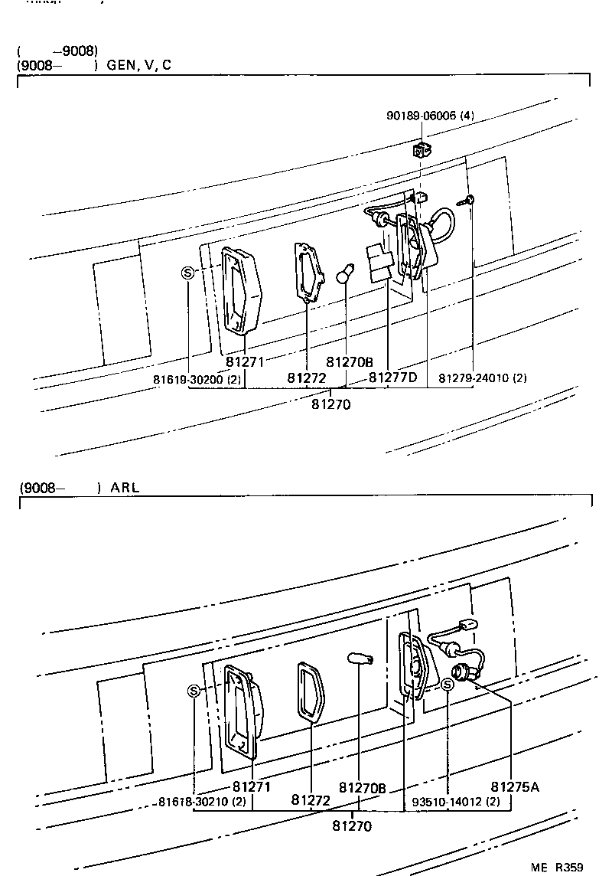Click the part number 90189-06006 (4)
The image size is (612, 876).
pos(430,116)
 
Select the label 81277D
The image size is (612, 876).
pos(393,378)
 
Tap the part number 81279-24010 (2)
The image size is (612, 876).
pos(482,378)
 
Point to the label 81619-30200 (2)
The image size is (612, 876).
pos(186,378)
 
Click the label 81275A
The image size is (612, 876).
pos(515,786)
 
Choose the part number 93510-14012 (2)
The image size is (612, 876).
pos(456,802)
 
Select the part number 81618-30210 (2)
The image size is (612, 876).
pos(202,802)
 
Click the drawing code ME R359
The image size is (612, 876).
pos(558,867)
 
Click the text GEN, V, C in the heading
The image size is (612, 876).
pos(138,65)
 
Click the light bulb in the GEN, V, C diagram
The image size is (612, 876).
pos(346,275)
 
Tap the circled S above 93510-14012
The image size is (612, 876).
pos(448,684)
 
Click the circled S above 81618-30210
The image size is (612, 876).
pos(194,691)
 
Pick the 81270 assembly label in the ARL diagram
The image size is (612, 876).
pos(352,825)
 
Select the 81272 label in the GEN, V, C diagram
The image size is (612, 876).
pos(307,378)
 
